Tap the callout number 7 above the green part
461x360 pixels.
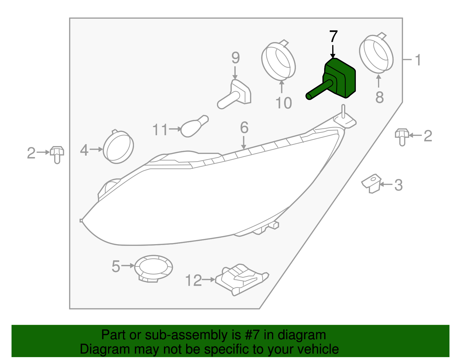pyautogui.click(x=333, y=37)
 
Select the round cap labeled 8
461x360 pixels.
pyautogui.click(x=376, y=54)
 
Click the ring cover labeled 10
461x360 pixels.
pyautogui.click(x=278, y=61)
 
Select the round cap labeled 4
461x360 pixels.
pyautogui.click(x=118, y=147)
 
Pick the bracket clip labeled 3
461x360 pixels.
pyautogui.click(x=371, y=183)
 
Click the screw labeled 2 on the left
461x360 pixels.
pyautogui.click(x=57, y=154)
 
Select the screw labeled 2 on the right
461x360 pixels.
pyautogui.click(x=402, y=136)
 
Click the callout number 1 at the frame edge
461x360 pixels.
pyautogui.click(x=418, y=60)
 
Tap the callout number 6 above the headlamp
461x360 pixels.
pyautogui.click(x=244, y=128)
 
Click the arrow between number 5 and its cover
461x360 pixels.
pyautogui.click(x=128, y=266)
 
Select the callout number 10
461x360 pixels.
pyautogui.click(x=284, y=103)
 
